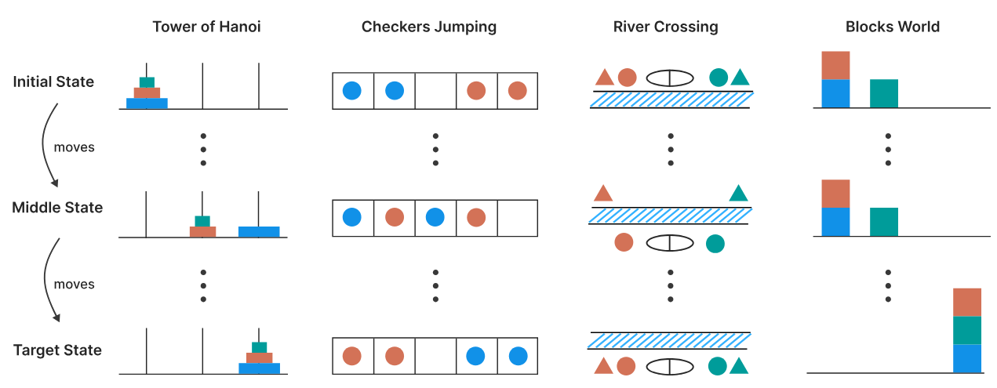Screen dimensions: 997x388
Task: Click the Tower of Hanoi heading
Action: [206, 27]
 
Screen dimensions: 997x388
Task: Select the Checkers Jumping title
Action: [428, 27]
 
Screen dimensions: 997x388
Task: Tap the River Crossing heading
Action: [665, 27]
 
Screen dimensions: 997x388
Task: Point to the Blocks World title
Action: [893, 27]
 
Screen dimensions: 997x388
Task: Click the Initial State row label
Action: [53, 82]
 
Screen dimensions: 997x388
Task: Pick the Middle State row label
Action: [57, 208]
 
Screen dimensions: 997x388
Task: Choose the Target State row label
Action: [57, 350]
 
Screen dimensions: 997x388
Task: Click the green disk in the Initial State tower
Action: [147, 82]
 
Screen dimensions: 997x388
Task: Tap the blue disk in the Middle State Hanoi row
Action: [259, 232]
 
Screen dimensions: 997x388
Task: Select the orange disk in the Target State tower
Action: [260, 357]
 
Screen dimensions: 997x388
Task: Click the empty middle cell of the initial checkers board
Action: [435, 91]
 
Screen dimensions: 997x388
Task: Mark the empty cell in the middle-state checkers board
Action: [517, 218]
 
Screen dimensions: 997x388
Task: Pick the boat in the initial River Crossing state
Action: [670, 78]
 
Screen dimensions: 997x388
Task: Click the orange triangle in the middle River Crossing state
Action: [603, 193]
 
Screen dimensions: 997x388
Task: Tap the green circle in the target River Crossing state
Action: [717, 366]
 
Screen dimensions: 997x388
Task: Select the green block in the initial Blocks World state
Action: [884, 93]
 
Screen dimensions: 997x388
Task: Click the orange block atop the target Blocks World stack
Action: [967, 302]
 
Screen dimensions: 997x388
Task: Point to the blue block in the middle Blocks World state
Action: [835, 222]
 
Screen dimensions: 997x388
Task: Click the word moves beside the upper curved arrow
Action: [74, 147]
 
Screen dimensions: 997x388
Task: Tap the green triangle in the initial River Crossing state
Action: [740, 77]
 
